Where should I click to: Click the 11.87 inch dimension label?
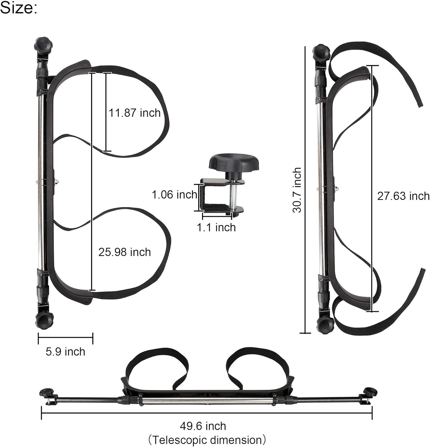pos(134,113)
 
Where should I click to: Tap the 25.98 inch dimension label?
pos(124,252)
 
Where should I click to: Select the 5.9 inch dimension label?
pos(65,352)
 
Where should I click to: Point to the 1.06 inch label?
pos(174,195)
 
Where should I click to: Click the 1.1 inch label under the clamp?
pos(216,227)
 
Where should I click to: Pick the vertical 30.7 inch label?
pos(297,190)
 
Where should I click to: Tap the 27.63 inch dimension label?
pos(403,196)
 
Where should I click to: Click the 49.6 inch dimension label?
pos(203,426)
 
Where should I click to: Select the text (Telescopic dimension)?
pos(207,440)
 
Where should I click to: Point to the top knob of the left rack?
pos(44,45)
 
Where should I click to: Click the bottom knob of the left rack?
pos(44,320)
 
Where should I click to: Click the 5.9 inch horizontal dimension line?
pos(65,338)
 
